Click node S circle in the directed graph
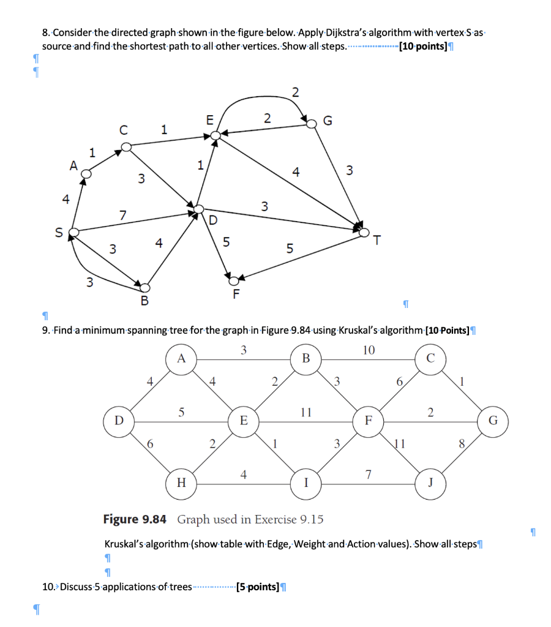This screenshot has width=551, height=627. tap(73, 233)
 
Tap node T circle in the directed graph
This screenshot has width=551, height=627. tap(365, 232)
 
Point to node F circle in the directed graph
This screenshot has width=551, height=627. tap(233, 280)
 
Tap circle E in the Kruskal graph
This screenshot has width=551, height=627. tap(244, 421)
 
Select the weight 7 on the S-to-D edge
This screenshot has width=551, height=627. tap(123, 215)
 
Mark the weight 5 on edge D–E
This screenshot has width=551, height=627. tap(181, 412)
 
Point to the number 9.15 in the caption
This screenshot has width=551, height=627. tap(312, 519)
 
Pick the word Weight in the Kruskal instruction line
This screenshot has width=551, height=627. tap(312, 544)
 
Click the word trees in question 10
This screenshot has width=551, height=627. tap(180, 587)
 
